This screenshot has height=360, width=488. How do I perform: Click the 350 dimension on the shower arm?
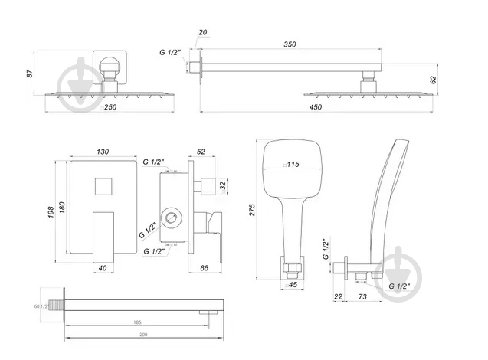pos(288,45)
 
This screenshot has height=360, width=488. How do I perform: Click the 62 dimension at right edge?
pos(434,78)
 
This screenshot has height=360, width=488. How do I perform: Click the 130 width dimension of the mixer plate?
pos(102,152)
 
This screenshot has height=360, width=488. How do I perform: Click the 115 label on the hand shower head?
pos(293,164)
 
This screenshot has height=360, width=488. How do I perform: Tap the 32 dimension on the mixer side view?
pos(223,185)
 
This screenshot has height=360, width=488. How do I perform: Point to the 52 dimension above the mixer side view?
pos(201,152)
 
